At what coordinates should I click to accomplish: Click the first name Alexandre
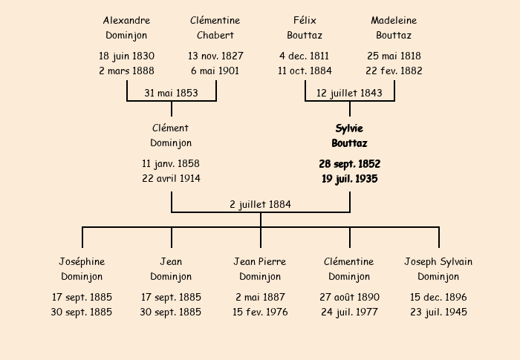126,21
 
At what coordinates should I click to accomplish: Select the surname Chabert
215,35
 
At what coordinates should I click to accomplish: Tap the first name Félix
305,21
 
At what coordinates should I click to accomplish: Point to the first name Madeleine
394,21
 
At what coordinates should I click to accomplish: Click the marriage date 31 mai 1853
171,93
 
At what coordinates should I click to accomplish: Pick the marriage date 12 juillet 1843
349,93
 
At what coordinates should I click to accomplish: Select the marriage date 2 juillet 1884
260,205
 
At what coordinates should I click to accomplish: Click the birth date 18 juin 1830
126,56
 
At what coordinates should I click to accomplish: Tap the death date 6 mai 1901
215,71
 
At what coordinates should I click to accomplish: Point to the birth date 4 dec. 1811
304,56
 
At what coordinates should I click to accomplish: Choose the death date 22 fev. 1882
394,71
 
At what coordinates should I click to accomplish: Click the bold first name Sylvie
349,128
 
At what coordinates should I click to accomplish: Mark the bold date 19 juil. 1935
350,179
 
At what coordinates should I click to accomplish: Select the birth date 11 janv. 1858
171,164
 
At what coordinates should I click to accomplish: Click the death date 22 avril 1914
171,179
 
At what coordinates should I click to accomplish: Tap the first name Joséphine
82,262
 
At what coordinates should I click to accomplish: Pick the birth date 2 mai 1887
260,298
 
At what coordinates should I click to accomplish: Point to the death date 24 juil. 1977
349,312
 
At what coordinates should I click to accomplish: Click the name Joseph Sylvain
438,262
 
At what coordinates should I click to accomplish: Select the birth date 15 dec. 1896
438,298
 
